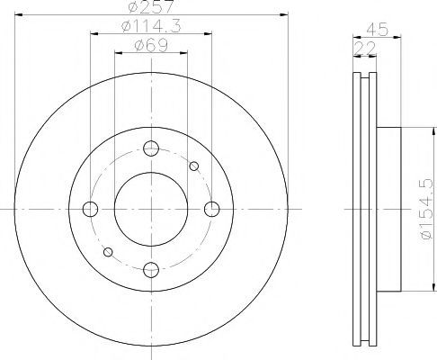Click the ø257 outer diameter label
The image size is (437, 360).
click(x=151, y=6)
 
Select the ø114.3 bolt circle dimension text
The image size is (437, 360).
click(x=151, y=26)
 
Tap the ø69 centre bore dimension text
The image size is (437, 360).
click(x=151, y=46)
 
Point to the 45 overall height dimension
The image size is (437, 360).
click(x=377, y=30)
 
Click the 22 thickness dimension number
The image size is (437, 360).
click(x=365, y=49)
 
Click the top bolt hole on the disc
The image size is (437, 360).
click(x=151, y=148)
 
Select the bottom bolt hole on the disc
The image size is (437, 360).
click(x=151, y=270)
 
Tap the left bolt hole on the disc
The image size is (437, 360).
click(x=90, y=209)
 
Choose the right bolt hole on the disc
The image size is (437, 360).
click(x=212, y=209)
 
